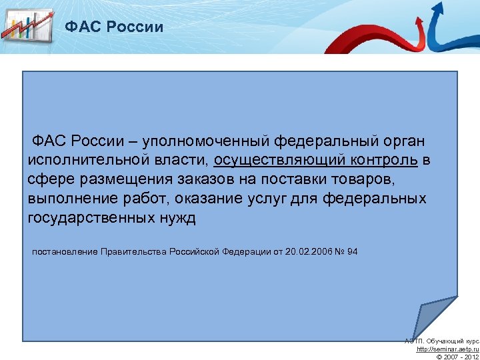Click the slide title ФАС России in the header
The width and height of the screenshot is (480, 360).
click(113, 27)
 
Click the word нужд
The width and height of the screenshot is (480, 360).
click(178, 219)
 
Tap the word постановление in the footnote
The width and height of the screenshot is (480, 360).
click(64, 251)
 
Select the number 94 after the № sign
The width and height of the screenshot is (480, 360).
click(352, 251)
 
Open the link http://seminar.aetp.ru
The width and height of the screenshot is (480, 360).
click(447, 349)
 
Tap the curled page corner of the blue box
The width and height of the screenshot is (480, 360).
click(433, 317)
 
